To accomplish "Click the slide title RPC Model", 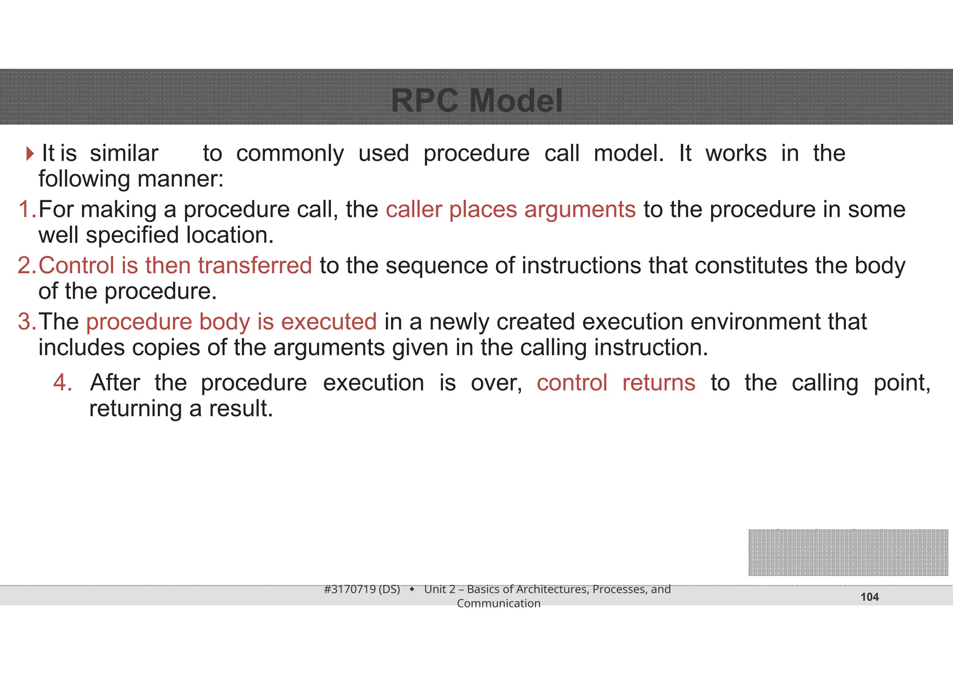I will point(476,101).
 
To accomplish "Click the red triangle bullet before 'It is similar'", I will point(30,154).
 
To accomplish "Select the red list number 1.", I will point(27,209).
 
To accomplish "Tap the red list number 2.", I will point(27,266).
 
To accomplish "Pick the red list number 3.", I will point(27,322).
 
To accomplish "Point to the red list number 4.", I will point(62,383).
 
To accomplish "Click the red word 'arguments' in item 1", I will point(580,210).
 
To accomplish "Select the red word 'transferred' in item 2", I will point(255,266).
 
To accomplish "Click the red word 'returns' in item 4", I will point(658,383).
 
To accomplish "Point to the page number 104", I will point(869,597).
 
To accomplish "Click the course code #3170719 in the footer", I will point(350,589).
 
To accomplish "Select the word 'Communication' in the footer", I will point(498,604).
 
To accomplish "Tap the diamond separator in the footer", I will point(412,590).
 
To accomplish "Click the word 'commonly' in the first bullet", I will point(290,154).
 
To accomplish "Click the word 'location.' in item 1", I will point(230,235).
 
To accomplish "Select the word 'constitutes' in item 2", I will point(751,266).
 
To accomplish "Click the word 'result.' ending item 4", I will point(241,409).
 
